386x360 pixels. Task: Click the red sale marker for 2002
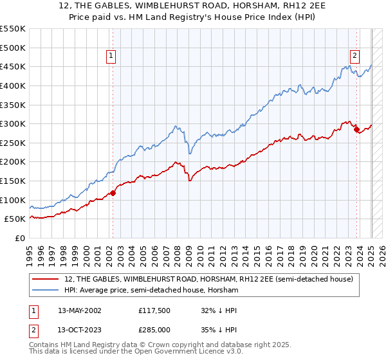[x=113, y=192]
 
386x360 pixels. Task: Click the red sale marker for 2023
[x=356, y=129]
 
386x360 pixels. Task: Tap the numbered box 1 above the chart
[x=111, y=56]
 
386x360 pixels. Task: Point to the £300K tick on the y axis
[x=13, y=123]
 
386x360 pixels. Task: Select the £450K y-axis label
[x=13, y=66]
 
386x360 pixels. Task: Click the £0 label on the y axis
[x=21, y=238]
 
